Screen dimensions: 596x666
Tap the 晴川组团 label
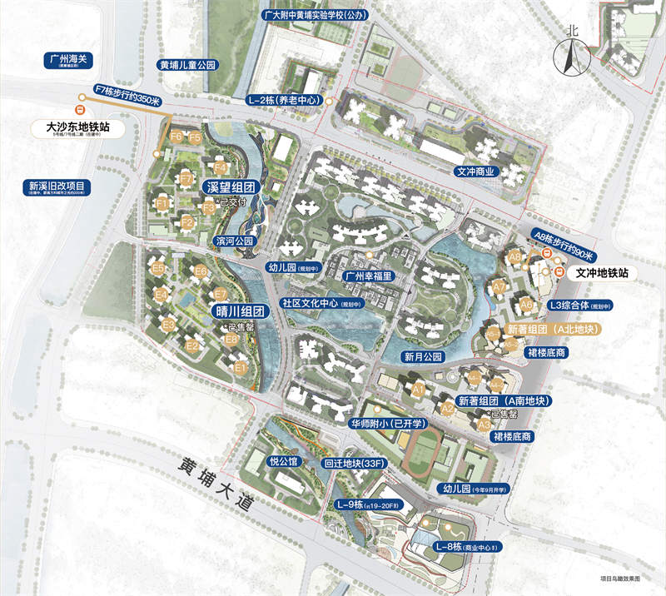(x=239, y=311)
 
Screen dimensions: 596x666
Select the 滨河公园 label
(x=234, y=241)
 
